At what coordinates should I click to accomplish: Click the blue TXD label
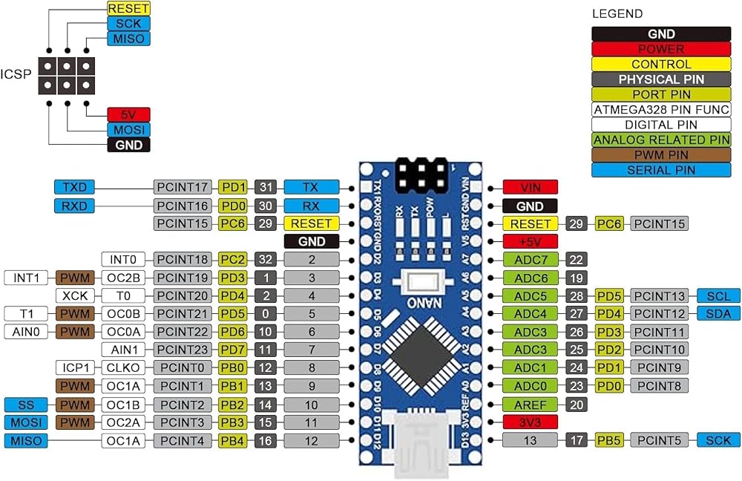point(74,187)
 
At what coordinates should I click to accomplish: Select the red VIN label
point(530,187)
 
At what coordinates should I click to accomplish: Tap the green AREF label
point(530,405)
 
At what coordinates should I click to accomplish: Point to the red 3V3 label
point(530,422)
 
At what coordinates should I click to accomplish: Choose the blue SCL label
point(718,296)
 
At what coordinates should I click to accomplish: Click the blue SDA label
point(718,313)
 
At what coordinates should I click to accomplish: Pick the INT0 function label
point(123,260)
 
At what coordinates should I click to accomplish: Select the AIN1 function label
point(123,350)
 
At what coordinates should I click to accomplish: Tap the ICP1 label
point(75,367)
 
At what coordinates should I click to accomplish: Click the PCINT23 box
point(183,350)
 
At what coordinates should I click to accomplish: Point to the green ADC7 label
point(530,260)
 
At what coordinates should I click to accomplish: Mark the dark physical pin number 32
point(266,260)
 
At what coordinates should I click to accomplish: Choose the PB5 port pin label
point(609,440)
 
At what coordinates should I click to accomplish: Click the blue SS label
point(26,405)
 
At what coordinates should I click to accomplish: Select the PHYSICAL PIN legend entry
point(661,79)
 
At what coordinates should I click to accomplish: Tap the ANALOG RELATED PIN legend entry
point(661,140)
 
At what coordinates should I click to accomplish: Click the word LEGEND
point(617,13)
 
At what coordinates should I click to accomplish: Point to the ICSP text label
point(16,74)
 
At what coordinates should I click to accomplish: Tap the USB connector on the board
point(421,442)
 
